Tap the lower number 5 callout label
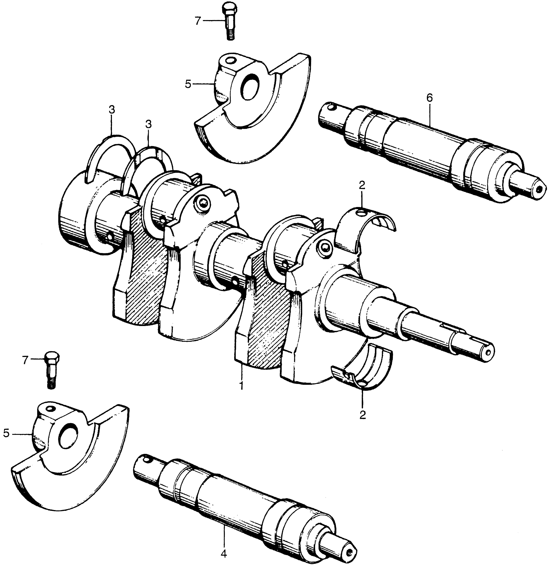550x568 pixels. (6, 434)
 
